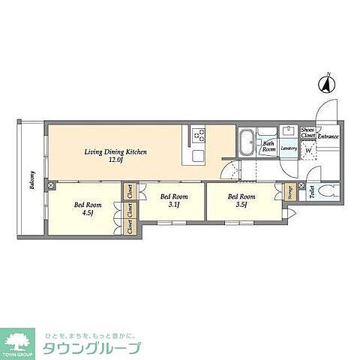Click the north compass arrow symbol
point(326,84)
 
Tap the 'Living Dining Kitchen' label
point(115,152)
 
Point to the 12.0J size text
point(115,160)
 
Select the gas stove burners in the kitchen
point(199,135)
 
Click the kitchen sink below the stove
point(199,154)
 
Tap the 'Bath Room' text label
point(268,146)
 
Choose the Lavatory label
point(289,148)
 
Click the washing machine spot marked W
point(308,148)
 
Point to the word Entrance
point(328,136)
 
